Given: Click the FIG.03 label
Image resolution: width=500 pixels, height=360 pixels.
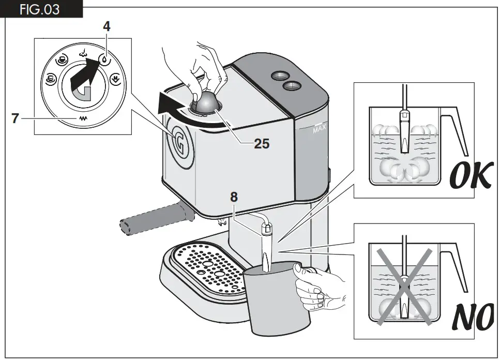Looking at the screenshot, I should [40, 9].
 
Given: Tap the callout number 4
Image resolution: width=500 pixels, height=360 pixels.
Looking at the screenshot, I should [107, 26].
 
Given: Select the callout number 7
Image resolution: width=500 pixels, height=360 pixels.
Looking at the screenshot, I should [16, 118].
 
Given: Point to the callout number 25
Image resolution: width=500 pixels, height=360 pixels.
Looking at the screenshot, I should [262, 143].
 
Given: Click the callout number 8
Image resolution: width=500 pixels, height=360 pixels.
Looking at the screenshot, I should [234, 197].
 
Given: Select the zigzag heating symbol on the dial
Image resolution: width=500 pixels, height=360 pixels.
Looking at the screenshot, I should [82, 118].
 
